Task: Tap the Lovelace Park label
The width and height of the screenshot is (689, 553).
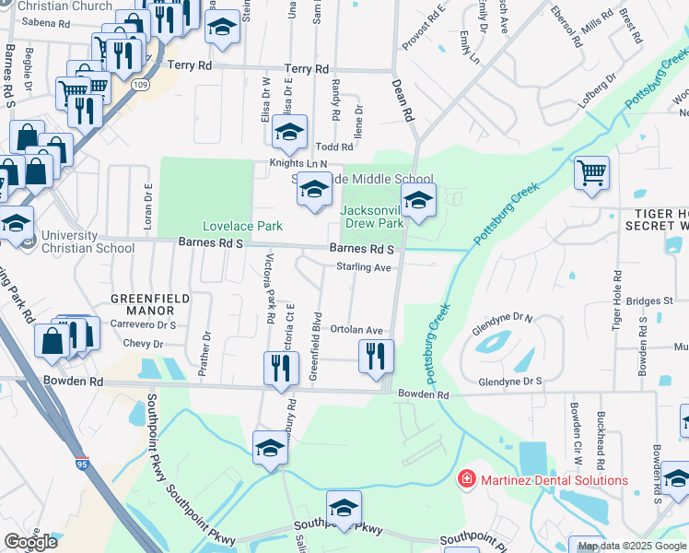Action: pos(242,226)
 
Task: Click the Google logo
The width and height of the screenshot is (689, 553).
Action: pos(29,542)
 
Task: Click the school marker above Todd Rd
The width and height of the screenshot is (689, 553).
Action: pos(289,133)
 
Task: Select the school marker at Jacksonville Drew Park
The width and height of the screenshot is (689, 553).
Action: pos(418,201)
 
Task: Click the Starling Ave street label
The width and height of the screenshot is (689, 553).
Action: pos(364,267)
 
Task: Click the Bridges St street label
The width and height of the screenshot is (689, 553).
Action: pos(649,301)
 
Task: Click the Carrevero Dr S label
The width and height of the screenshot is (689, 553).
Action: pos(144,324)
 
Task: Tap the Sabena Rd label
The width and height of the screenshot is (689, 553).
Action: pos(45,22)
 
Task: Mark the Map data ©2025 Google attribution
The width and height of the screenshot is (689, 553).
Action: pos(632,546)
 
